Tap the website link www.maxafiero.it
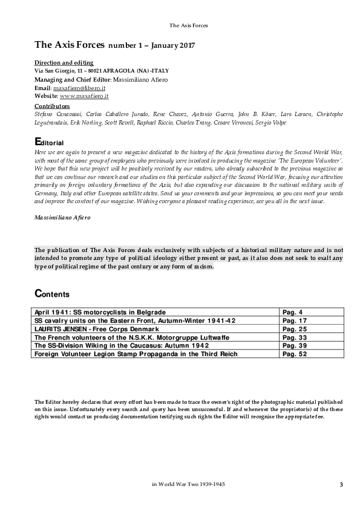[84, 96]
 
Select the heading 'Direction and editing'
[64, 63]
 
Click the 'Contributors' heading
[52, 106]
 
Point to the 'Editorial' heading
[49, 141]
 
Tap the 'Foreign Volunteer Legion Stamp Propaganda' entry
[136, 354]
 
